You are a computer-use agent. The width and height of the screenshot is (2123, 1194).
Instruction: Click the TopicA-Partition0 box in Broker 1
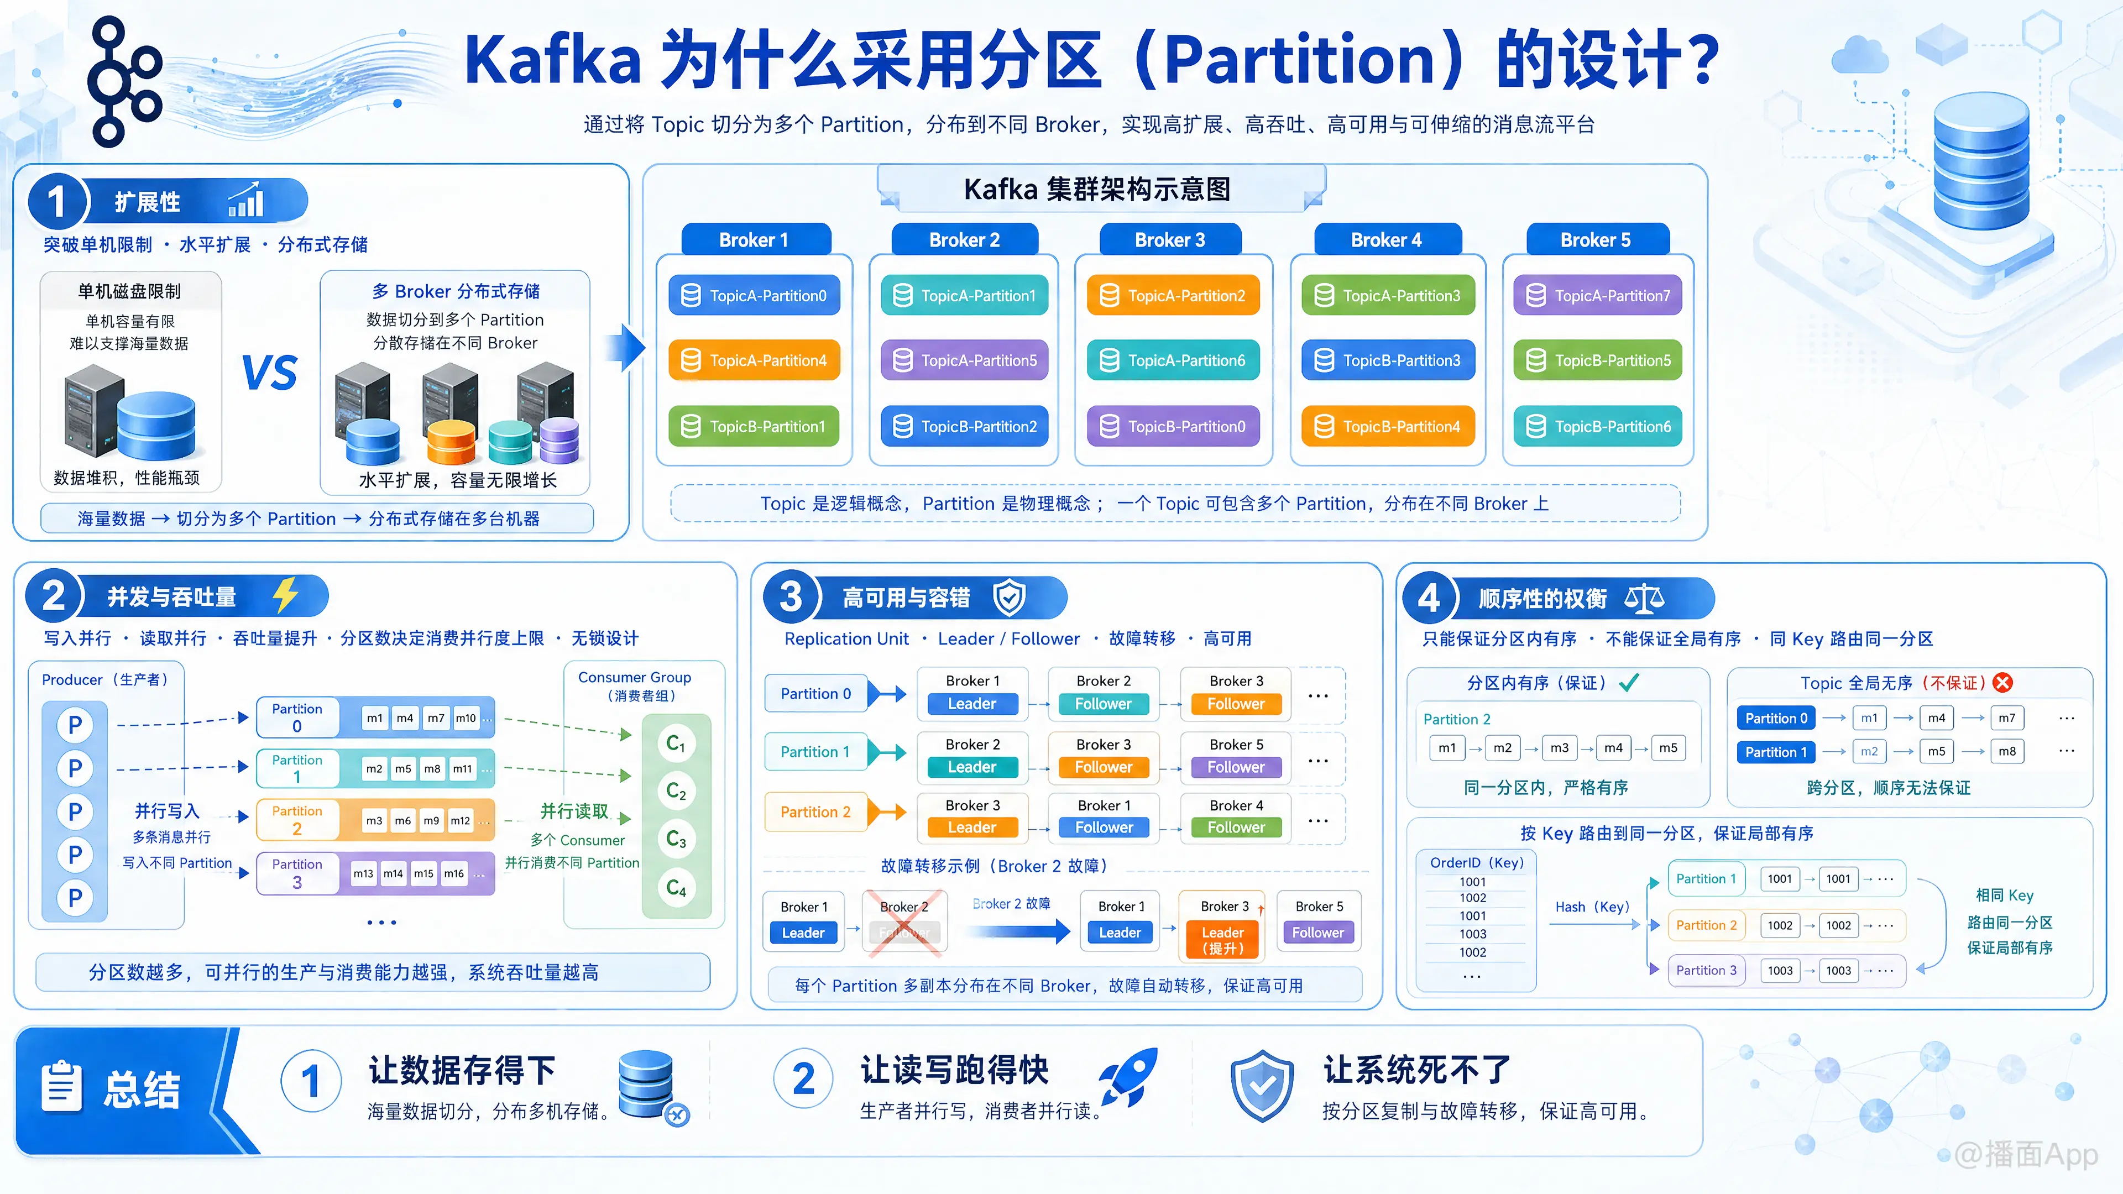[x=754, y=295]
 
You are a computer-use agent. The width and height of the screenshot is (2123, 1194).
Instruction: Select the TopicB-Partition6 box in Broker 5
[x=1597, y=426]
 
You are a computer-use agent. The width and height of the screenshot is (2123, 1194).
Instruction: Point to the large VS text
[x=269, y=373]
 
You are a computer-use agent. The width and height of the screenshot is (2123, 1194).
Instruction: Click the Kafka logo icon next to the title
[x=124, y=81]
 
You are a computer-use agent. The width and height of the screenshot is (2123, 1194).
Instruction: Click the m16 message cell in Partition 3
[x=454, y=873]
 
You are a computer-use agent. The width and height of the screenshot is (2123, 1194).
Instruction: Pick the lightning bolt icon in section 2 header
[x=285, y=594]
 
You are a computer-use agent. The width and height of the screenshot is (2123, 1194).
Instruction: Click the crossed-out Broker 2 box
[x=904, y=922]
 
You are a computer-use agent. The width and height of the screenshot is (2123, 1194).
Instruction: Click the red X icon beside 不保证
[x=2002, y=682]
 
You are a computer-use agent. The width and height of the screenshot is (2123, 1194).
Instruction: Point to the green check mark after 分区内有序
[x=1629, y=682]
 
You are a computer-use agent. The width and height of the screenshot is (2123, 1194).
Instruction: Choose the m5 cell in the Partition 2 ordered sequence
[x=1668, y=747]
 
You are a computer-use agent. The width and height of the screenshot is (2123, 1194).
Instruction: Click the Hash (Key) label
[x=1592, y=907]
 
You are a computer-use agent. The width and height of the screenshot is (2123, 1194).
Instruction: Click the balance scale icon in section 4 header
[x=1644, y=598]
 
